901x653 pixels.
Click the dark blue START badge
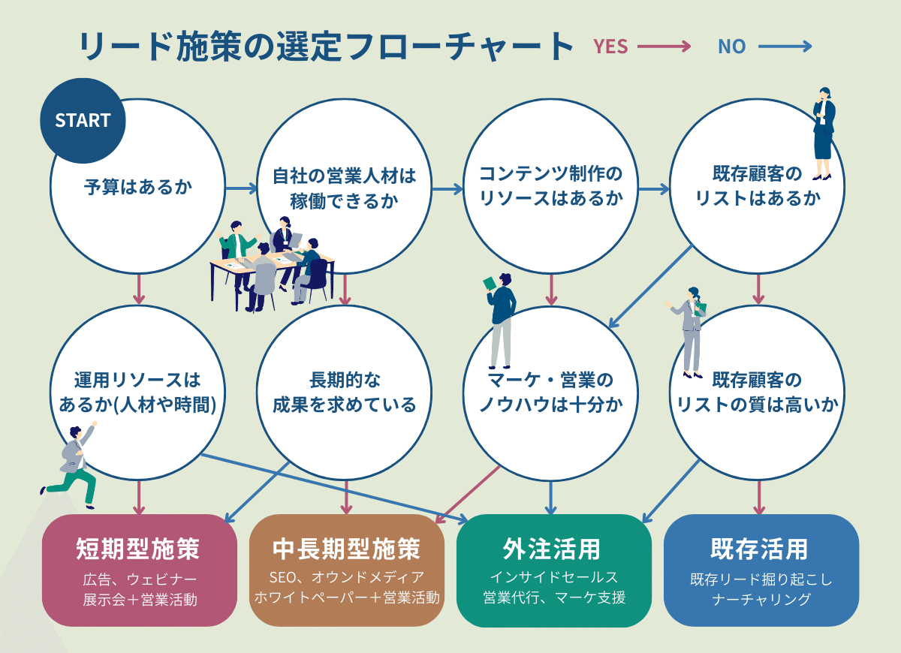tap(83, 121)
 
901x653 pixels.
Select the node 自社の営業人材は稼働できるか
tap(344, 188)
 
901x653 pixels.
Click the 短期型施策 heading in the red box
tap(138, 549)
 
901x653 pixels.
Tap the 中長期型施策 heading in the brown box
tap(346, 549)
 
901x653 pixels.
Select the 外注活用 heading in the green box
tap(552, 549)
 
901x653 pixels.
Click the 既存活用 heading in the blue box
tap(759, 549)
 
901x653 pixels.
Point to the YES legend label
tap(610, 47)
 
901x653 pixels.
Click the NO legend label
tap(731, 47)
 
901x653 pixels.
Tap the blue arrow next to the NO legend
tap(785, 47)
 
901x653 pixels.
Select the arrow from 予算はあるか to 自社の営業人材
tap(240, 188)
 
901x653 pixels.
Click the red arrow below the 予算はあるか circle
tap(138, 289)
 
